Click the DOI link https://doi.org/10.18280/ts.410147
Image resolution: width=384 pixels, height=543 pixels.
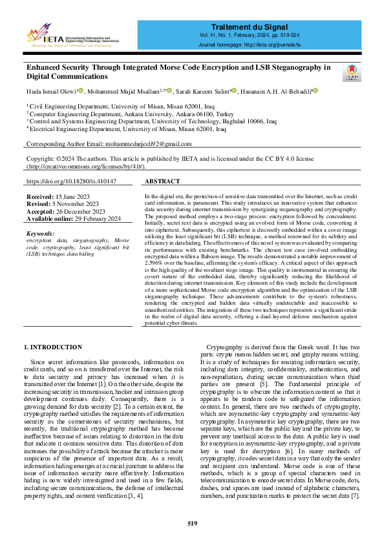(72, 183)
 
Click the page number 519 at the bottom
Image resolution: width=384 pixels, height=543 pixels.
(191, 522)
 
